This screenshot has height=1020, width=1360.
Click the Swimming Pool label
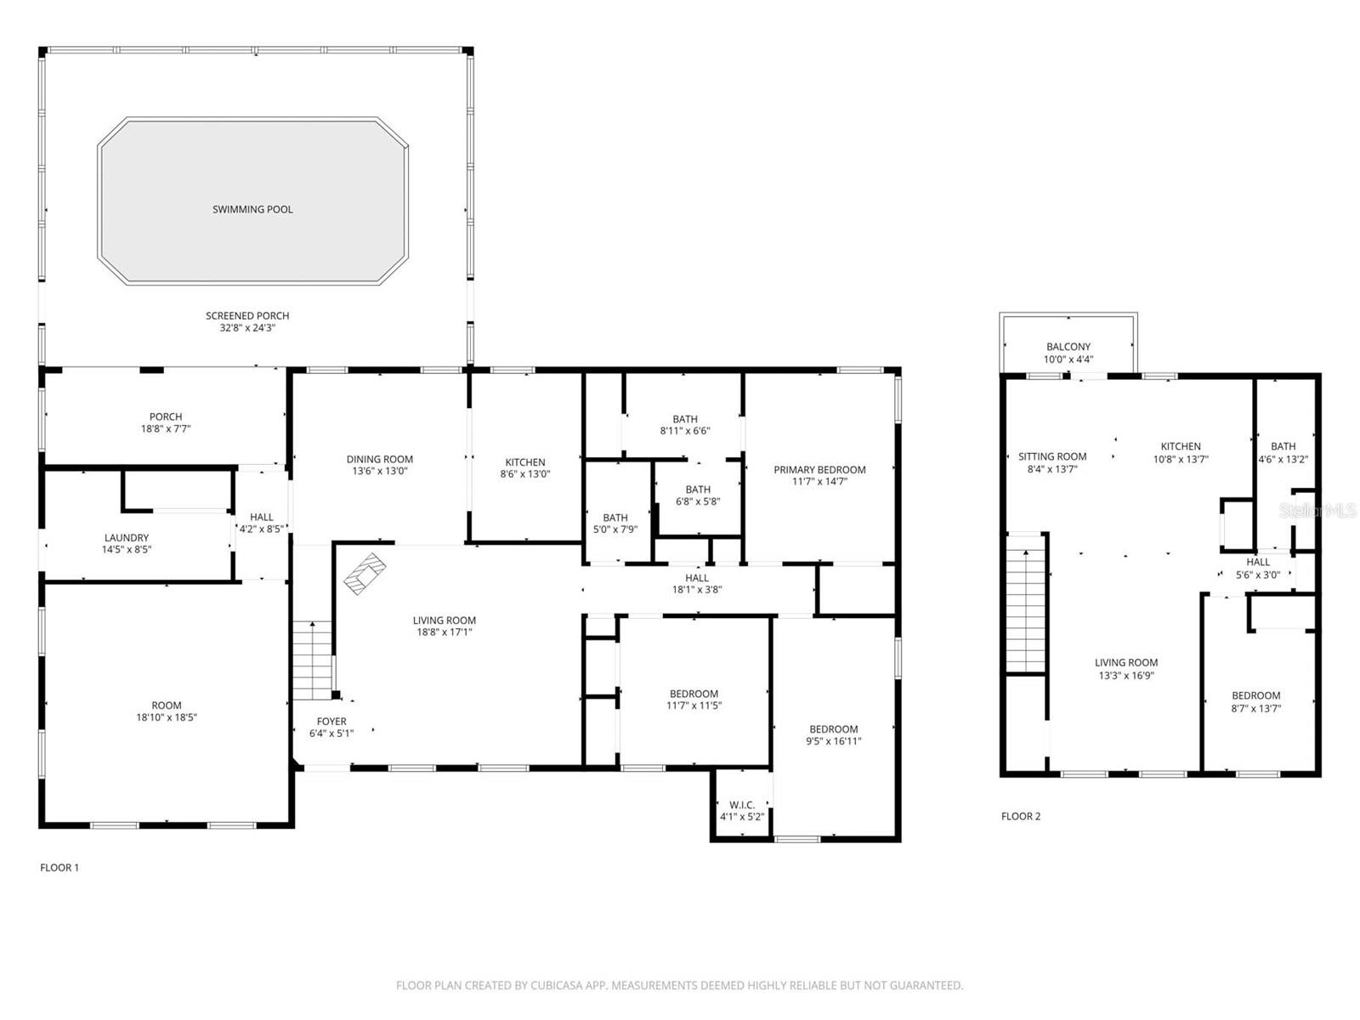(252, 209)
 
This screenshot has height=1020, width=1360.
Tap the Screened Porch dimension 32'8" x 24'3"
(247, 327)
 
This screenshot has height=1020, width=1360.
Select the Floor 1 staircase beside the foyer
(312, 660)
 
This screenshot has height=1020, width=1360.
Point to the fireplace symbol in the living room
(365, 574)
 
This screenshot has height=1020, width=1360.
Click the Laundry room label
(126, 537)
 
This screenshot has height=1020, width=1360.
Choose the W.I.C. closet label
(741, 805)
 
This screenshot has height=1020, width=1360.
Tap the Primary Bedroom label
(819, 469)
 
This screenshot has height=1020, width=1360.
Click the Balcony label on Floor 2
(1068, 347)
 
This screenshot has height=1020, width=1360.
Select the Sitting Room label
(1052, 456)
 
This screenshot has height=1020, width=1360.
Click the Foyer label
(331, 722)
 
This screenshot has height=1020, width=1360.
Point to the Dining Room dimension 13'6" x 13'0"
(379, 471)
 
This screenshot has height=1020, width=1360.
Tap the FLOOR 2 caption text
(1020, 816)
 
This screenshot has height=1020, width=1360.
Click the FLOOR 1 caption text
(59, 868)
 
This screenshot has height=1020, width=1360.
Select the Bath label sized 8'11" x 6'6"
(685, 419)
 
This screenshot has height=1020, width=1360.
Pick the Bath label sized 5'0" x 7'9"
(615, 518)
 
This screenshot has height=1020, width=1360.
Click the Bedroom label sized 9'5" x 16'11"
(833, 729)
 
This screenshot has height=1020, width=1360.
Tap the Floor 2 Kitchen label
(1181, 446)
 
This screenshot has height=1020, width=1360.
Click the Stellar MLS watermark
(1317, 510)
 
